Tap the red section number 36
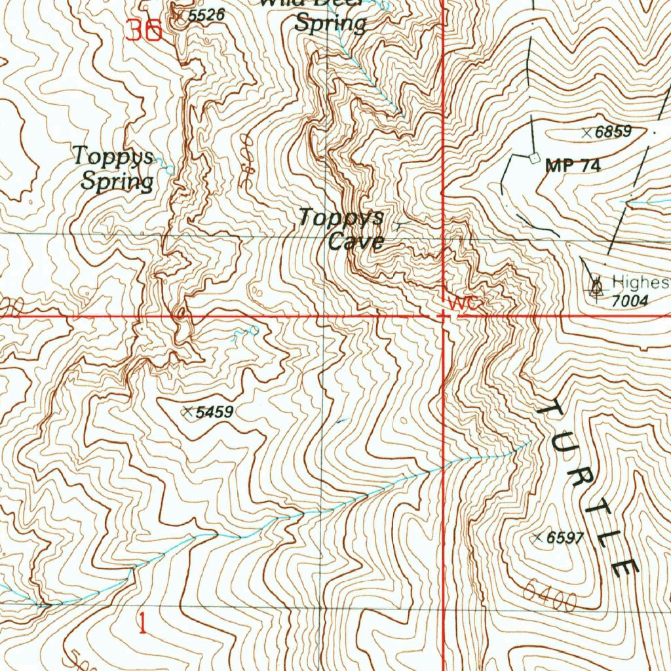pyautogui.click(x=144, y=31)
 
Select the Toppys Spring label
pyautogui.click(x=115, y=168)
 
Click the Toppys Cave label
pyautogui.click(x=342, y=229)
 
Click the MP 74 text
pyautogui.click(x=573, y=166)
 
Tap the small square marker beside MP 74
pyautogui.click(x=533, y=158)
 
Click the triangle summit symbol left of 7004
pyautogui.click(x=596, y=286)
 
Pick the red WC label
pyautogui.click(x=465, y=304)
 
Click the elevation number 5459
pyautogui.click(x=215, y=412)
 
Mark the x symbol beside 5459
pyautogui.click(x=188, y=412)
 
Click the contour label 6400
pyautogui.click(x=550, y=593)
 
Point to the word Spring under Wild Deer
pyautogui.click(x=330, y=24)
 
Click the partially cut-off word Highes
pyautogui.click(x=640, y=282)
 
